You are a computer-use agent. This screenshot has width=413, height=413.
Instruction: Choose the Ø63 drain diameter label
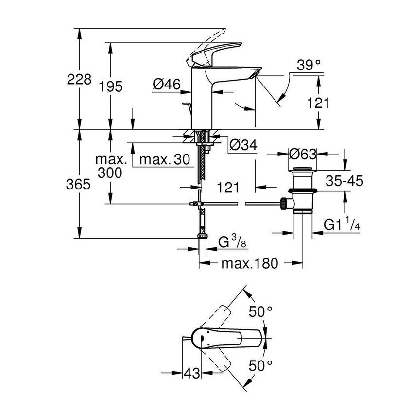coord(302,154)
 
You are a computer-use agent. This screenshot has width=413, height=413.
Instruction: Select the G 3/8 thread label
coord(228,242)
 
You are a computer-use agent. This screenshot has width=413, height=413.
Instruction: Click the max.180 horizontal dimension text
coord(249,264)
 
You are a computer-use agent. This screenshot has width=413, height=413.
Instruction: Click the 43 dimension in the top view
coord(192,373)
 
